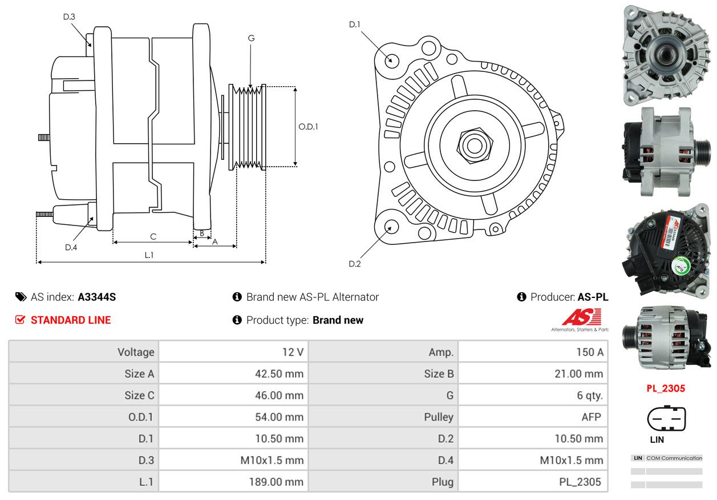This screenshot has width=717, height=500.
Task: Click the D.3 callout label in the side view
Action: (x=69, y=17)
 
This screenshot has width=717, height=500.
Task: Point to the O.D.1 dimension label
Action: (x=308, y=127)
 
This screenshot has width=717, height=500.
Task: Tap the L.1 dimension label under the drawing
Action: (x=149, y=255)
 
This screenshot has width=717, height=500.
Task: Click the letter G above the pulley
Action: (x=252, y=38)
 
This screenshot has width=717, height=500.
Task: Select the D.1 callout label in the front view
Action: (x=355, y=25)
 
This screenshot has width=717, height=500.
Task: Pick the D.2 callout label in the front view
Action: (x=355, y=264)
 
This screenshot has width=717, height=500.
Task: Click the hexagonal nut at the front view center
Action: (x=475, y=146)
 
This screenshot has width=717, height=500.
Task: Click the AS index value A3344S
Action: (x=97, y=297)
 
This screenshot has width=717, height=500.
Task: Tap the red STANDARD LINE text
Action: (x=71, y=320)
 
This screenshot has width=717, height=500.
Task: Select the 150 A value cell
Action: (x=533, y=352)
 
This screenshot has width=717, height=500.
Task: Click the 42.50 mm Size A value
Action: (x=279, y=374)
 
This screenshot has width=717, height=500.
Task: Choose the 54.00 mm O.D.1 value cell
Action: (x=233, y=417)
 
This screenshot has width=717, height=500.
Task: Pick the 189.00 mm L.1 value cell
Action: (x=233, y=482)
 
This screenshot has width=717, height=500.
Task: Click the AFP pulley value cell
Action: (x=533, y=417)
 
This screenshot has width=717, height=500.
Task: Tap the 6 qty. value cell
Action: (x=533, y=395)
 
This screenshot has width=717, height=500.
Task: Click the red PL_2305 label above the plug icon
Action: (x=666, y=388)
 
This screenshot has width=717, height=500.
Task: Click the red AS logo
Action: (x=581, y=317)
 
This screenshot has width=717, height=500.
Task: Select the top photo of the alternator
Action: (x=666, y=55)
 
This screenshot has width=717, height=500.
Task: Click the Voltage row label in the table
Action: (x=136, y=352)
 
